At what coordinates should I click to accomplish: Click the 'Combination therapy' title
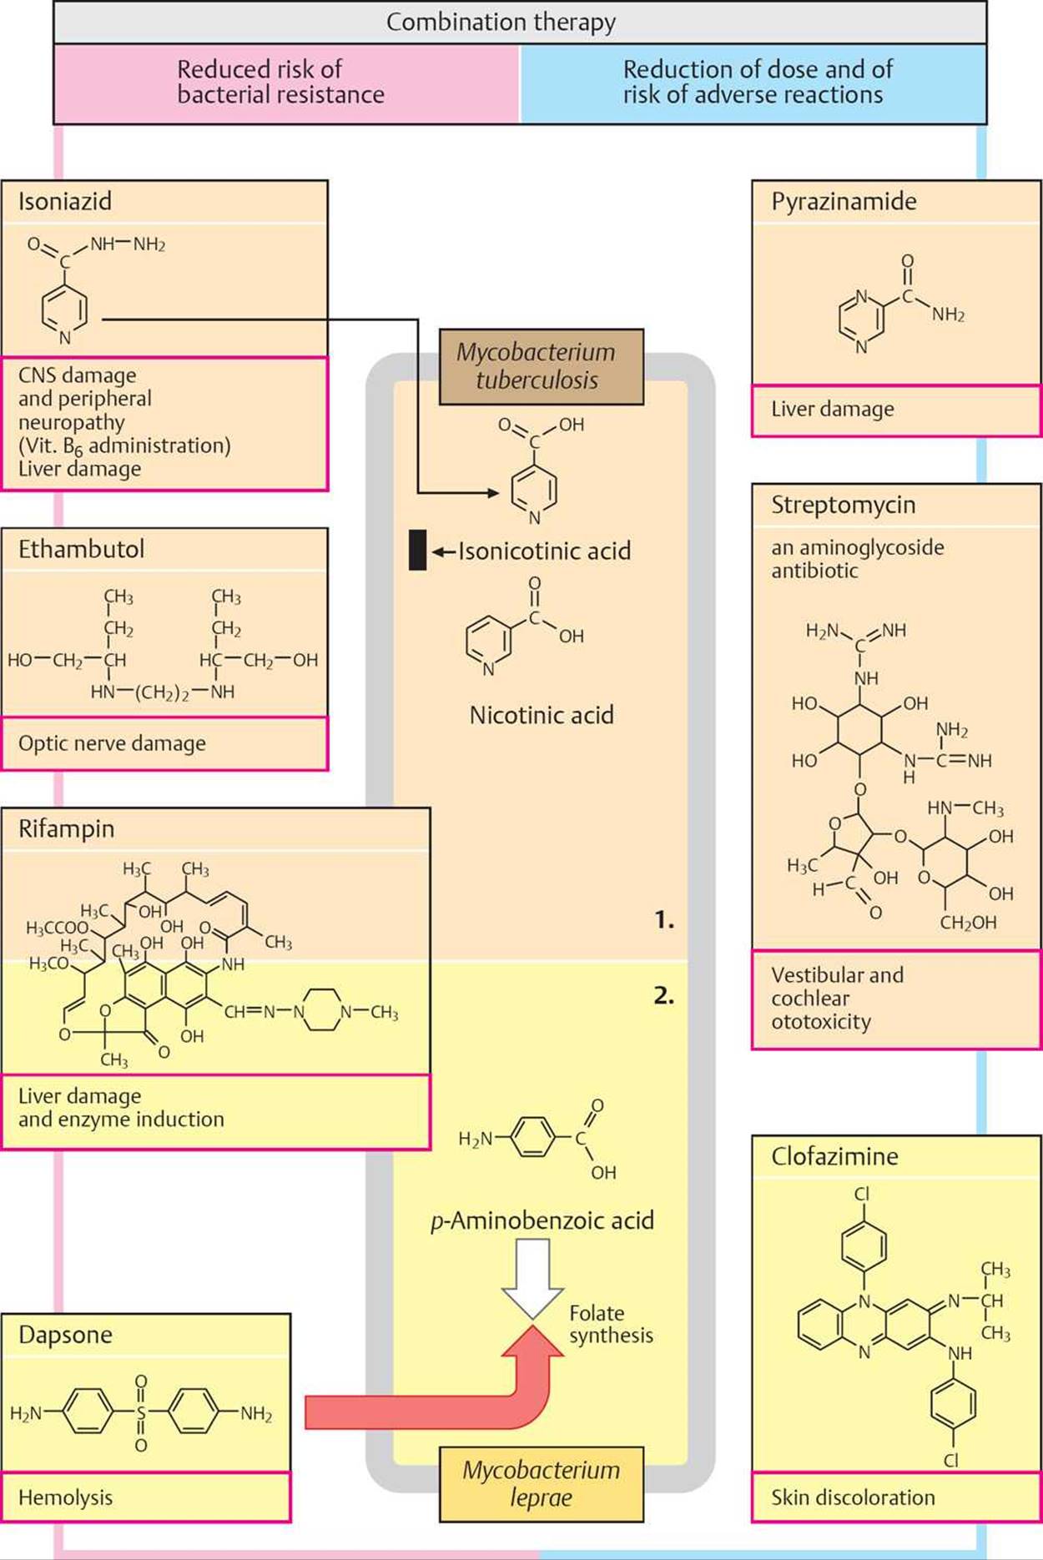point(501,22)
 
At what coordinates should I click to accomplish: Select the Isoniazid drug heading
point(65,201)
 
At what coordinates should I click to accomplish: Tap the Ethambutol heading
point(81,549)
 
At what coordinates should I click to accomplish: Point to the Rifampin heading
point(66,828)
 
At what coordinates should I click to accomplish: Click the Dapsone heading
point(65,1334)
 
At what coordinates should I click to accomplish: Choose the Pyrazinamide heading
point(844,201)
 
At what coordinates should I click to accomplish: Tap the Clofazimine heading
point(834,1156)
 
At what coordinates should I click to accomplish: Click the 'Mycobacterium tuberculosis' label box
point(541,366)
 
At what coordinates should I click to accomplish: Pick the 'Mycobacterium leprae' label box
point(541,1483)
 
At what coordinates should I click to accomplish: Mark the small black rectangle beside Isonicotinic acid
point(417,551)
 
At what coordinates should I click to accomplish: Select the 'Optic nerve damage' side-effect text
point(112,743)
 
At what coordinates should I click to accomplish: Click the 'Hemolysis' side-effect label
point(65,1497)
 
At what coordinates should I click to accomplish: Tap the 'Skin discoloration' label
point(853,1497)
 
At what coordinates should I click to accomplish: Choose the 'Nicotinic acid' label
point(542,715)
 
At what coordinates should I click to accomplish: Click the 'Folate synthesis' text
point(611,1324)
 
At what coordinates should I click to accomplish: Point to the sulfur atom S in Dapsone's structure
point(141,1413)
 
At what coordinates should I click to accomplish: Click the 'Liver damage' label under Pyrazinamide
point(832,409)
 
